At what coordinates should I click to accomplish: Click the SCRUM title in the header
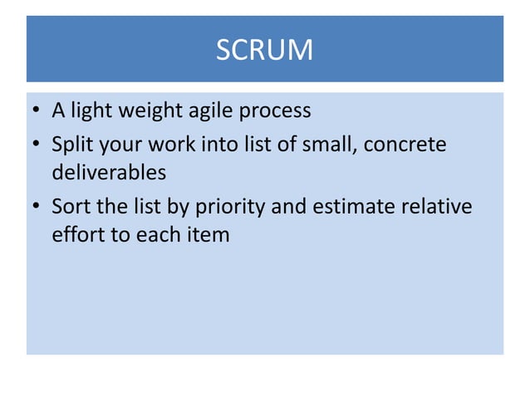pos(264,51)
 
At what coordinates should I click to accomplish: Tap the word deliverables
pos(108,174)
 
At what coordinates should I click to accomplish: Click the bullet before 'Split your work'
pos(36,145)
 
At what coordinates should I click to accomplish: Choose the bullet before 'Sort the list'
pos(36,206)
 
